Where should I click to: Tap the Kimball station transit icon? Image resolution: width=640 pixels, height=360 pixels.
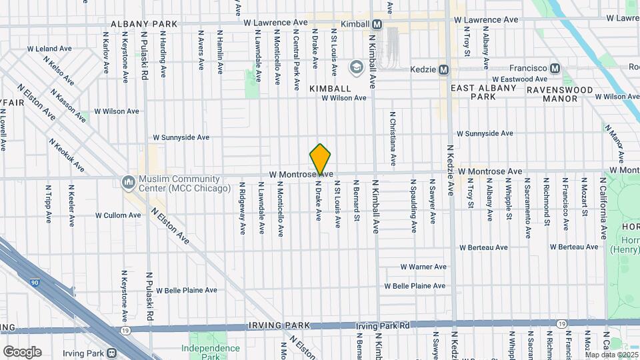tap(377, 24)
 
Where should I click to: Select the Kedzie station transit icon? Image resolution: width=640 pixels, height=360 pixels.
tap(443, 69)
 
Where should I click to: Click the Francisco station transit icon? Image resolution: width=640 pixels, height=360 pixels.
tap(555, 69)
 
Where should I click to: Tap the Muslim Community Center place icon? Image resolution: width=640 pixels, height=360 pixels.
tap(127, 181)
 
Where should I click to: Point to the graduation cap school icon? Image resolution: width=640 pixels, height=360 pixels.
tap(356, 67)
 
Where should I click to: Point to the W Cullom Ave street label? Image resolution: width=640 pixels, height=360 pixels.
tap(118, 215)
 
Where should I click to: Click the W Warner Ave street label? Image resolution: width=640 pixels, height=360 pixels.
tap(423, 267)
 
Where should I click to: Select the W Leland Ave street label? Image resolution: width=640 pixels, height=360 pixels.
tap(49, 49)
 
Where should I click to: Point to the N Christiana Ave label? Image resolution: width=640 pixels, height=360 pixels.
tap(393, 139)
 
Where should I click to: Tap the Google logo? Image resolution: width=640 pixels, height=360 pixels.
tap(22, 352)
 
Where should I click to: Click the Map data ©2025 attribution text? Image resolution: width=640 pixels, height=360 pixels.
tap(611, 355)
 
